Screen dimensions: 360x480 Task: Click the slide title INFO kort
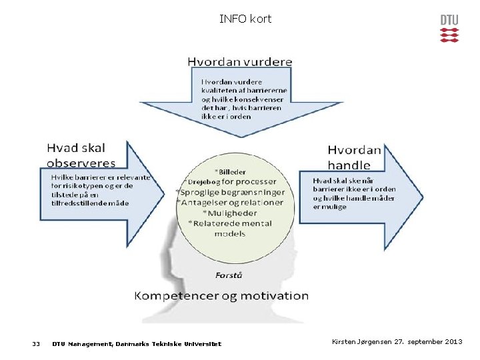click(245, 19)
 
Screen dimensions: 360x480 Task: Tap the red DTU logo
click(449, 28)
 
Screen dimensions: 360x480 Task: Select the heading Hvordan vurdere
click(239, 61)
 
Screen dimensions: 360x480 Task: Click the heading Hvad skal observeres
click(80, 155)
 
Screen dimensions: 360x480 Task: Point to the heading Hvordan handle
click(354, 157)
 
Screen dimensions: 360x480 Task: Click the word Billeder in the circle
click(233, 171)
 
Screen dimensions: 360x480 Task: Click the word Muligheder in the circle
click(234, 213)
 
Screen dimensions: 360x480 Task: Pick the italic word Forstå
click(229, 275)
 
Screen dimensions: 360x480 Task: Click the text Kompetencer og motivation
click(221, 295)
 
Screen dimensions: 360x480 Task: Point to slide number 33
click(36, 344)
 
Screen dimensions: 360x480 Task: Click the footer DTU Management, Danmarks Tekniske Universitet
click(137, 344)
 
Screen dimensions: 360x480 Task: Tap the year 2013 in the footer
click(451, 342)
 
